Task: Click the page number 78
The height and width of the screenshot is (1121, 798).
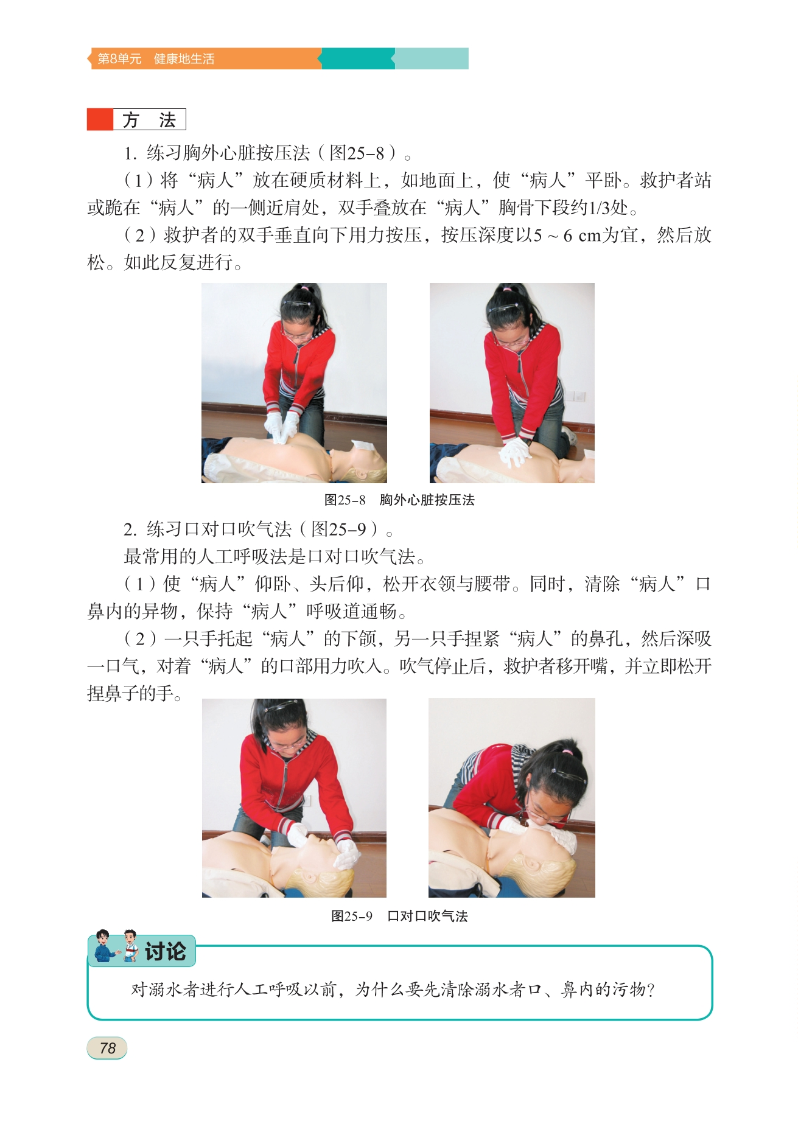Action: point(108,1048)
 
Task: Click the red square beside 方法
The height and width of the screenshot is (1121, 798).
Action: point(100,119)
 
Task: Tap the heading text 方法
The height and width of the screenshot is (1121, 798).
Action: point(149,120)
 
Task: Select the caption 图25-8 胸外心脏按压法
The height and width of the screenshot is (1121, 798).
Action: point(399,500)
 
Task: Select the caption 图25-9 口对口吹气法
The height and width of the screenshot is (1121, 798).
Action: point(399,916)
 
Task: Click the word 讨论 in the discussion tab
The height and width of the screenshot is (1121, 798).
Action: point(166,951)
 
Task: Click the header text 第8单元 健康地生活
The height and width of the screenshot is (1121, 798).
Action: point(156,58)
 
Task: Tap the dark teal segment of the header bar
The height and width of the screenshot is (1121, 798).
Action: point(357,58)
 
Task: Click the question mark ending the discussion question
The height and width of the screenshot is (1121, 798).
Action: point(651,990)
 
